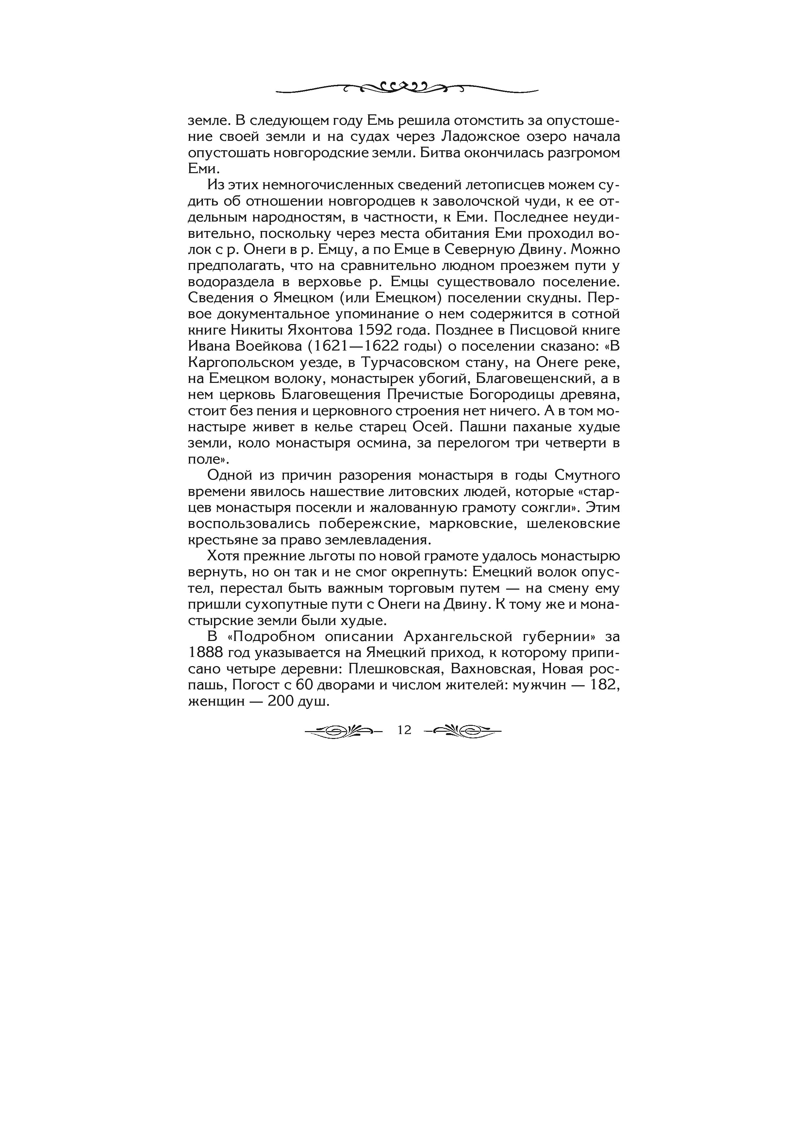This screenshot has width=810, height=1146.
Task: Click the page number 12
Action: tap(404, 730)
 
